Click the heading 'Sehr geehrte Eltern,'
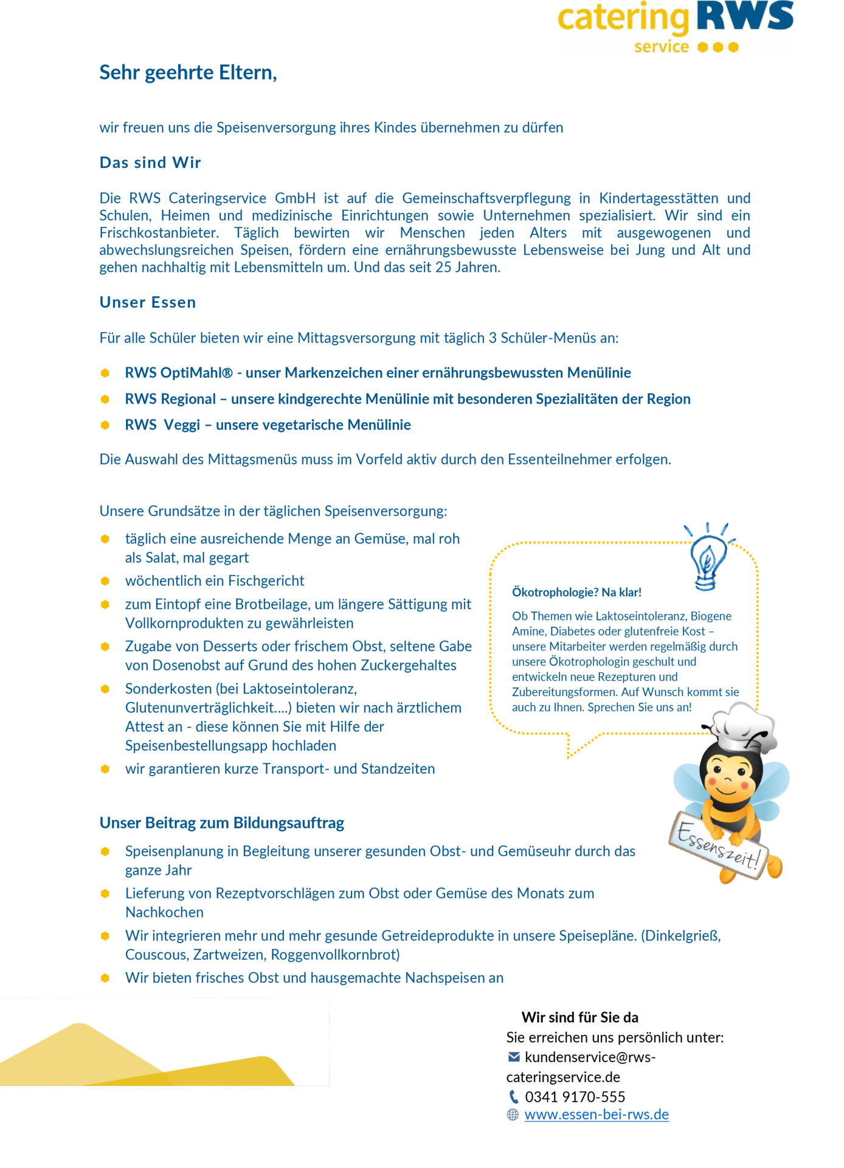188,72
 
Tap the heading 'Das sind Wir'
150,162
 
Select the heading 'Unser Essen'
148,302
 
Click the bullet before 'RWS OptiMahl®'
105,373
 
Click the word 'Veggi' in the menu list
181,425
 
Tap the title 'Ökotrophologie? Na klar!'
576,592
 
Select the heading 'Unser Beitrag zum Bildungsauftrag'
222,822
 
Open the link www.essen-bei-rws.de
596,1114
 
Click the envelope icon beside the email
514,1057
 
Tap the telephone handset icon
514,1097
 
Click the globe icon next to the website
513,1114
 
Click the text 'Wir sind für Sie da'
579,1017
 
